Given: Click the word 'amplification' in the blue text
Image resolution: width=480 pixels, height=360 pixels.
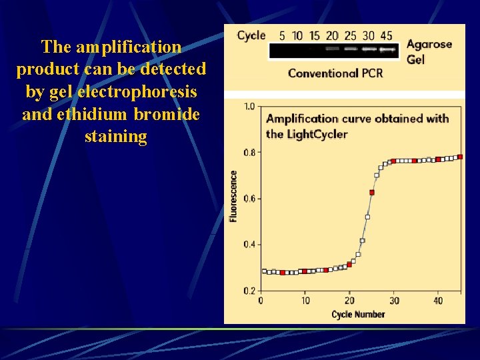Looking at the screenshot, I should pyautogui.click(x=129, y=47).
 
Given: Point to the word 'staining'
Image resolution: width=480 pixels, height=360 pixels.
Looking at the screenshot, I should pyautogui.click(x=115, y=137).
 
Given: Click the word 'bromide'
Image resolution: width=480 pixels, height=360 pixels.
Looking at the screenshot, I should pyautogui.click(x=167, y=114).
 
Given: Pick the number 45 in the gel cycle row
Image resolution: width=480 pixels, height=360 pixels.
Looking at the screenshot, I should pyautogui.click(x=386, y=36).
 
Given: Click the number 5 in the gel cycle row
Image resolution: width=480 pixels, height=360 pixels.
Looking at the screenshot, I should pyautogui.click(x=282, y=36).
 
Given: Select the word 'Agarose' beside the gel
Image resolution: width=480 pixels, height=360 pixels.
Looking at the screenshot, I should pyautogui.click(x=429, y=45).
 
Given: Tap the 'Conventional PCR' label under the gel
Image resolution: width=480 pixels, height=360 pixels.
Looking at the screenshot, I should pyautogui.click(x=335, y=73).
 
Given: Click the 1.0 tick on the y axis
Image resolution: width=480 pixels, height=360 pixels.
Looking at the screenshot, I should pyautogui.click(x=249, y=107).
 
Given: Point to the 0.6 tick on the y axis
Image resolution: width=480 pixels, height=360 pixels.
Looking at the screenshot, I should pyautogui.click(x=249, y=199).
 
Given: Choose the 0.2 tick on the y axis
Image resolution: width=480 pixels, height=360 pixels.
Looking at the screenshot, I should pyautogui.click(x=249, y=291).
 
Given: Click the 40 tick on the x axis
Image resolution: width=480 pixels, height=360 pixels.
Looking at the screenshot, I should pyautogui.click(x=439, y=301).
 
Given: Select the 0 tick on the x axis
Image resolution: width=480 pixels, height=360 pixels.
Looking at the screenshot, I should pyautogui.click(x=260, y=301).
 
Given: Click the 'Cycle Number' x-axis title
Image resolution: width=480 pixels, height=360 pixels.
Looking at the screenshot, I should pyautogui.click(x=358, y=314).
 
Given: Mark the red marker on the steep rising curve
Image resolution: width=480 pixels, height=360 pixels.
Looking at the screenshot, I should pyautogui.click(x=372, y=193).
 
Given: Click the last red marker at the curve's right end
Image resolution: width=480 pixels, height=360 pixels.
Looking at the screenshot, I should pyautogui.click(x=460, y=157).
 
